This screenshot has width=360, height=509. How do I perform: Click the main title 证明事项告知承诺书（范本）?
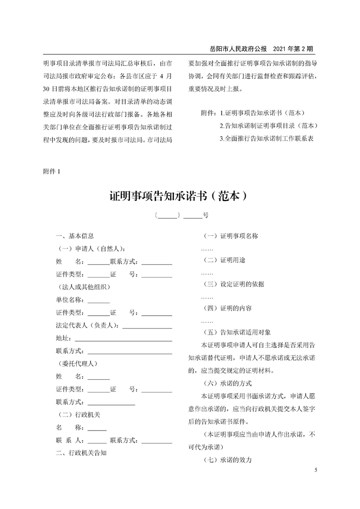coord(180,196)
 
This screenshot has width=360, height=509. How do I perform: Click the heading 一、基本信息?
coord(74,236)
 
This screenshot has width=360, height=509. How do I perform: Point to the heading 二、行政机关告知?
coord(81,452)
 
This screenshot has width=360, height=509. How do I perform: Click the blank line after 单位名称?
coord(99,302)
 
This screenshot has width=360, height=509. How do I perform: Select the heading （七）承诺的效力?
coord(227,460)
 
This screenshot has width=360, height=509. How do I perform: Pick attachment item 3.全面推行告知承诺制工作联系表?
coord(267,138)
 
